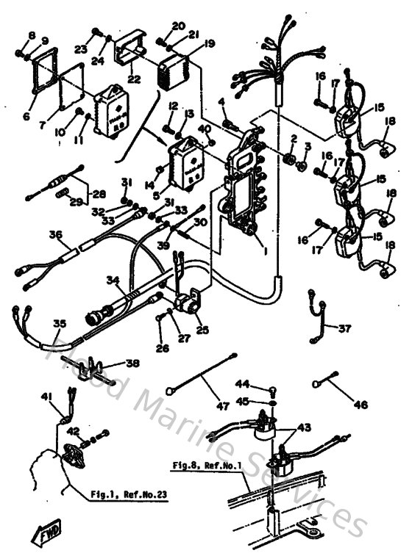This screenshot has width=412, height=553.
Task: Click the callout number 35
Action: coord(60,322)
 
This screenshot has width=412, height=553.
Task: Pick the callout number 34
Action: coord(112,280)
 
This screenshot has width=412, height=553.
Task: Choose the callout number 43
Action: coord(304,427)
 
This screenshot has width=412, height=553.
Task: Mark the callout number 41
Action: coord(47,397)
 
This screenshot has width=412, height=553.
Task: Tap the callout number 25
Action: coord(202,331)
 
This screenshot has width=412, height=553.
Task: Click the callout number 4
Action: coord(221,101)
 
